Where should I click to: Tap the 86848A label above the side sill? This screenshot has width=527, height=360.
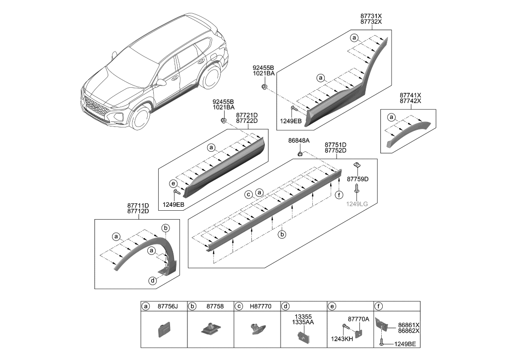(x=299, y=141)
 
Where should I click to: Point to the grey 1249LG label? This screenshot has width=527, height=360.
(x=357, y=203)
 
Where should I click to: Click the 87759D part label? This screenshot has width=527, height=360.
(x=357, y=179)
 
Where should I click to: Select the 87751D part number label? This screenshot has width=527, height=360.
(x=335, y=145)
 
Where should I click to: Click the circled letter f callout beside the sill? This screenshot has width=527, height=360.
(x=339, y=195)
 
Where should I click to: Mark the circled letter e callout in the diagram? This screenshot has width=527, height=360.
(x=173, y=183)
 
